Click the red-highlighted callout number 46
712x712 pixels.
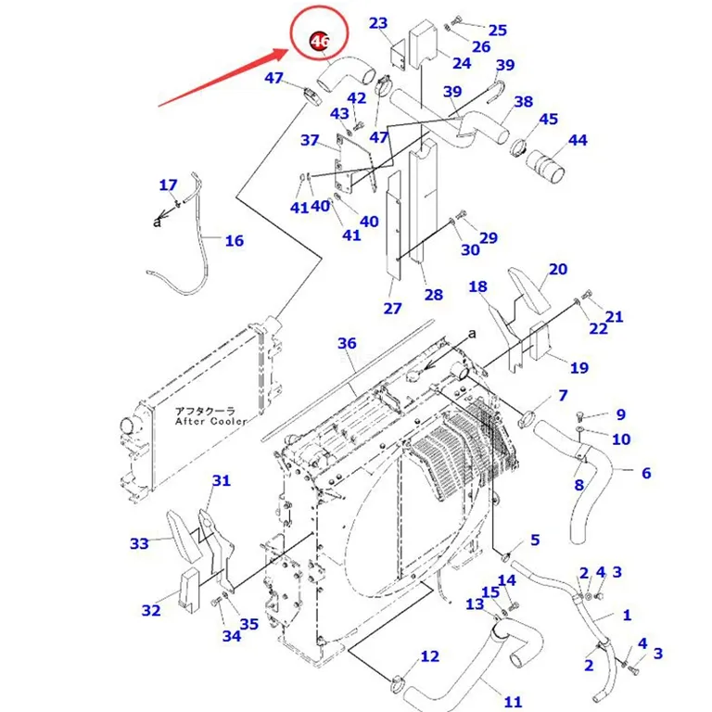(x=319, y=42)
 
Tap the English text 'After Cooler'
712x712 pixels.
(x=210, y=422)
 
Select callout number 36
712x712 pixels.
(x=347, y=343)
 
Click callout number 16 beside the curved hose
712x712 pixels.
(x=235, y=241)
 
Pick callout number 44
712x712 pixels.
(x=578, y=140)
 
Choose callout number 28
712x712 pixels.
(x=434, y=295)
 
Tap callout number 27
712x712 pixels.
(x=393, y=309)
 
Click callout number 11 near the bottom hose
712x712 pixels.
(x=513, y=702)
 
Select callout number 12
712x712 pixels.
(x=429, y=656)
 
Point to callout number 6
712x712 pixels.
(x=646, y=473)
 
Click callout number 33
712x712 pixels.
(x=139, y=543)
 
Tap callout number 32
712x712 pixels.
(x=151, y=610)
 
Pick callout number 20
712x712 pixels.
(x=558, y=269)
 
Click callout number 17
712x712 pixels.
(x=168, y=184)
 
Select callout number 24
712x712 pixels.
(x=462, y=63)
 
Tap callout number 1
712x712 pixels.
(x=627, y=616)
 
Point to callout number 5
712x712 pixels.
(x=535, y=540)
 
